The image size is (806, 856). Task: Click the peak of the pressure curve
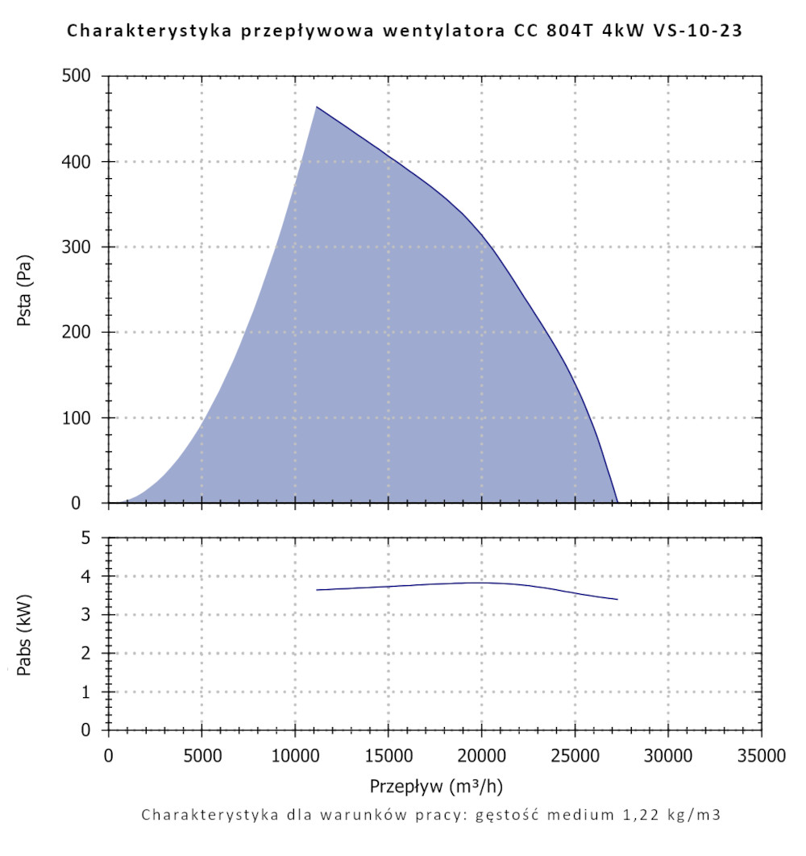317,106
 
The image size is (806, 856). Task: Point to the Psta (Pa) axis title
25,290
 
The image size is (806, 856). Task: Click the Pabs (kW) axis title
25,634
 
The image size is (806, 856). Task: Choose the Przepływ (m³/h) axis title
437,785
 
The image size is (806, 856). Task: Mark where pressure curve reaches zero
617,502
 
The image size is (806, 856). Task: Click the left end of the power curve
317,590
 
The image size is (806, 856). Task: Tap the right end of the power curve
617,599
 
